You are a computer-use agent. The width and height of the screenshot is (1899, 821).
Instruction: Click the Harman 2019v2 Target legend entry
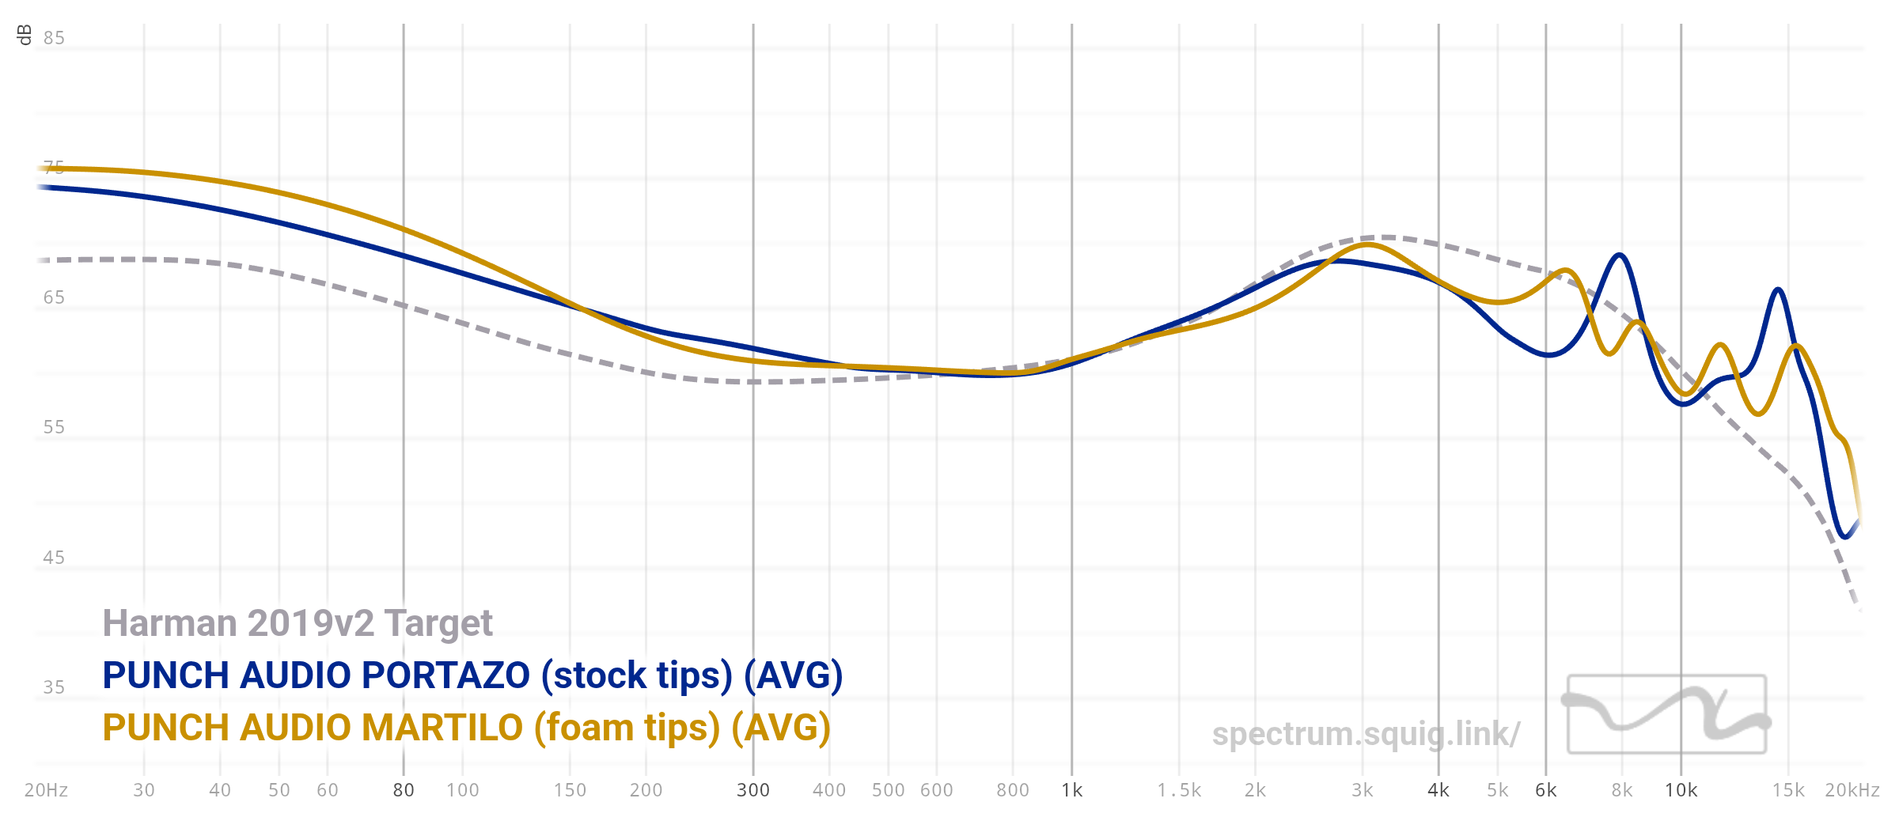pos(298,623)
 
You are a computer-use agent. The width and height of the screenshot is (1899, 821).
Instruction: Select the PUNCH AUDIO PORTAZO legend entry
pos(472,675)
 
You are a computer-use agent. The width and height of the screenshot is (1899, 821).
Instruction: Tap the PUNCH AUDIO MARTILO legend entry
pos(466,728)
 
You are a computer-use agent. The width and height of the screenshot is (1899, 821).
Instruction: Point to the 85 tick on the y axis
pos(54,38)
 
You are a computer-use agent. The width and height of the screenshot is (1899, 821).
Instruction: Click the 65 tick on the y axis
pos(54,297)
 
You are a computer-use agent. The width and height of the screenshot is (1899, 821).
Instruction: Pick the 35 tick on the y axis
pos(54,687)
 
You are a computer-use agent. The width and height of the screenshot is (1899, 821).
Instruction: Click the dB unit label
pos(25,35)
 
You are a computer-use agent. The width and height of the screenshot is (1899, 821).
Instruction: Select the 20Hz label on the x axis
pos(46,790)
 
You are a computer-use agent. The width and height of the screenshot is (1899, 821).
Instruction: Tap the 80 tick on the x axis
pos(404,790)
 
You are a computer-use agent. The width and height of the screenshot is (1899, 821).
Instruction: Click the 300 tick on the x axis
pos(753,790)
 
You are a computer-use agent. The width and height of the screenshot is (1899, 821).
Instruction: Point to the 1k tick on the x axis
pos(1072,790)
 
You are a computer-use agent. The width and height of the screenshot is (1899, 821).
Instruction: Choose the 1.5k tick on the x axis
pos(1179,790)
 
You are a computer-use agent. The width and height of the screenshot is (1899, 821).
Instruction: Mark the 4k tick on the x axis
pos(1438,790)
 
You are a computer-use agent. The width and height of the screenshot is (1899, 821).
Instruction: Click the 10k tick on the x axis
pos(1681,790)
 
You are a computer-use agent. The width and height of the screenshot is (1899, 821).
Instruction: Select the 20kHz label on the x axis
pos(1852,790)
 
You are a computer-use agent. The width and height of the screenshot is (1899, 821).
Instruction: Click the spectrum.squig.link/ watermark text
pos(1366,734)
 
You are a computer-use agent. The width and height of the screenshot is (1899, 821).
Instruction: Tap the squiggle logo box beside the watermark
pos(1667,714)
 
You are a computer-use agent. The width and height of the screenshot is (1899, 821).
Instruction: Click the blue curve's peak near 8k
pos(1620,255)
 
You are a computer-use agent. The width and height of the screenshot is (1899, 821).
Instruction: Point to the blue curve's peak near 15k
pos(1779,289)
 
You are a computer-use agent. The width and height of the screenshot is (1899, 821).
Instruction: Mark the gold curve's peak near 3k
pos(1367,244)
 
